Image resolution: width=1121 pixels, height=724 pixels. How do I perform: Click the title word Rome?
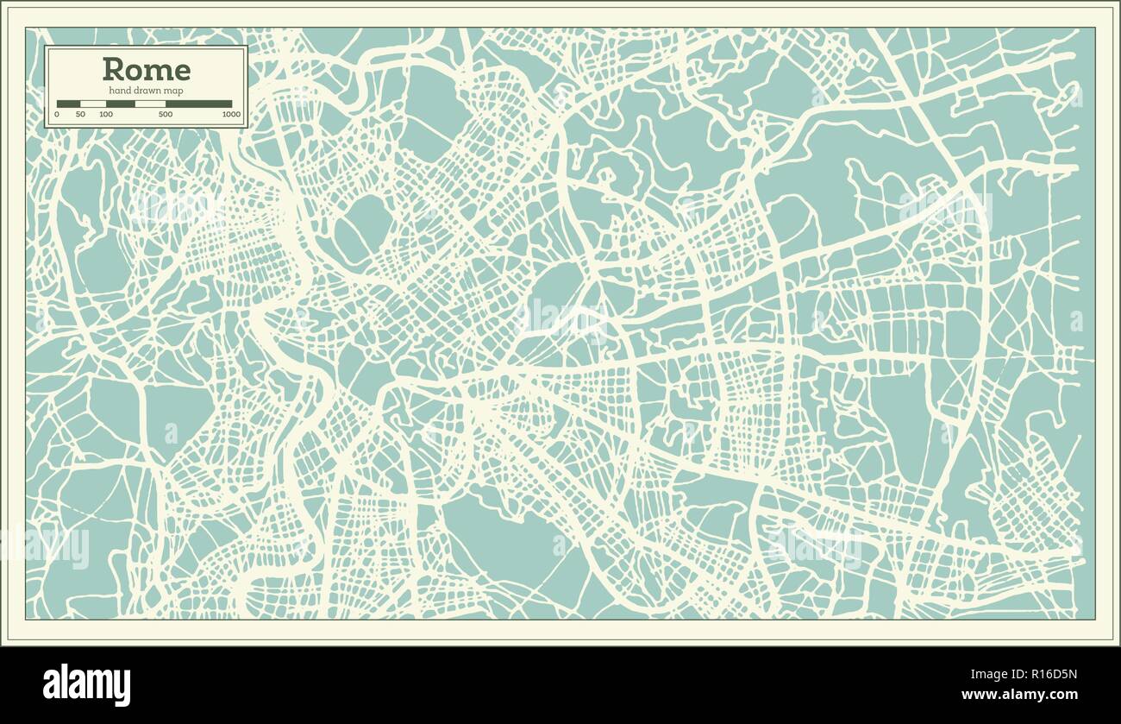(147, 69)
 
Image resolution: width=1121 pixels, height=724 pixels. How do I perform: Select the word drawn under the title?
(147, 91)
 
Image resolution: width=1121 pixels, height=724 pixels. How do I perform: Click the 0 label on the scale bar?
(57, 114)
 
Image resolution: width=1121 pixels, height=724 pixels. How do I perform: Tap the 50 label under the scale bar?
(80, 114)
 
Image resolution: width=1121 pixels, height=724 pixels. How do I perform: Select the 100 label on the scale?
(106, 114)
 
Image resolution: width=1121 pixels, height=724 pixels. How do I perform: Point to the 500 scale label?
(166, 114)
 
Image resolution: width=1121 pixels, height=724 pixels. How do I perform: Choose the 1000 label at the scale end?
(231, 114)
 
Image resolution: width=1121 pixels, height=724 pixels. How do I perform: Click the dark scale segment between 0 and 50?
(68, 104)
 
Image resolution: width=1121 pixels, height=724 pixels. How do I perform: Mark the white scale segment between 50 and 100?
(93, 104)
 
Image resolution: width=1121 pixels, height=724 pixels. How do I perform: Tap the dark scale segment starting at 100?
(121, 104)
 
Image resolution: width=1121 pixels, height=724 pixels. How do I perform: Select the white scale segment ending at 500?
(150, 104)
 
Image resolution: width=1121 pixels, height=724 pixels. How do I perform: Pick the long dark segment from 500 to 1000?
(198, 104)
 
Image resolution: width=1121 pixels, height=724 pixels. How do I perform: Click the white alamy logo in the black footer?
(86, 684)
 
